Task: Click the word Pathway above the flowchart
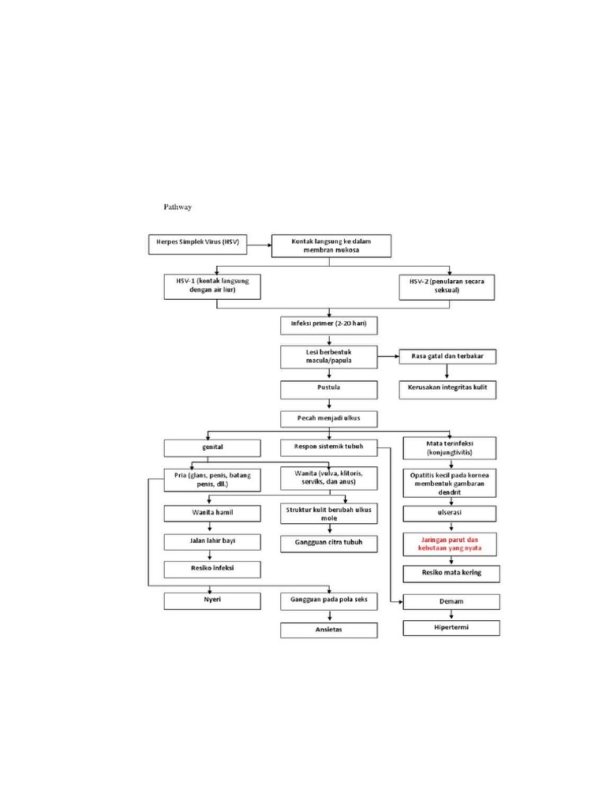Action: [178, 207]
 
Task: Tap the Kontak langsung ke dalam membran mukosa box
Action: [331, 245]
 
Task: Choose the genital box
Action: [211, 447]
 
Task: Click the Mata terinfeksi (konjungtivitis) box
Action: [450, 448]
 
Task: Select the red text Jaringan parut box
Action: [450, 543]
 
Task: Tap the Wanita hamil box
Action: [211, 513]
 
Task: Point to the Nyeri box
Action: [211, 601]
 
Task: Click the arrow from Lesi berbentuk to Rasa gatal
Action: [387, 357]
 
